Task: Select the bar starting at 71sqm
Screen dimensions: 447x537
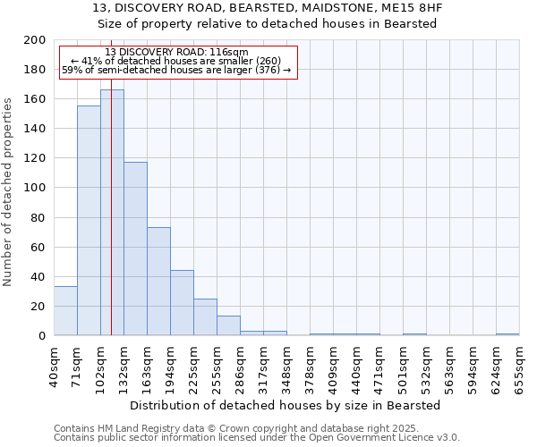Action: (89, 221)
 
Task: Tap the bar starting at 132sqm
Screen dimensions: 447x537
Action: (135, 249)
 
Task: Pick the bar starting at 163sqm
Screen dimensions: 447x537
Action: (158, 282)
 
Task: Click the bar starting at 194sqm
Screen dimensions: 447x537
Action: (182, 303)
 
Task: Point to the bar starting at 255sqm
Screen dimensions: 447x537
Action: (228, 325)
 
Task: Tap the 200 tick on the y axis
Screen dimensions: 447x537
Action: (35, 40)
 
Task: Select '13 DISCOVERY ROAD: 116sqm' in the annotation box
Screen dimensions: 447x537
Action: (176, 53)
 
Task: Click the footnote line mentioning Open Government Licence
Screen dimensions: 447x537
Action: (257, 438)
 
